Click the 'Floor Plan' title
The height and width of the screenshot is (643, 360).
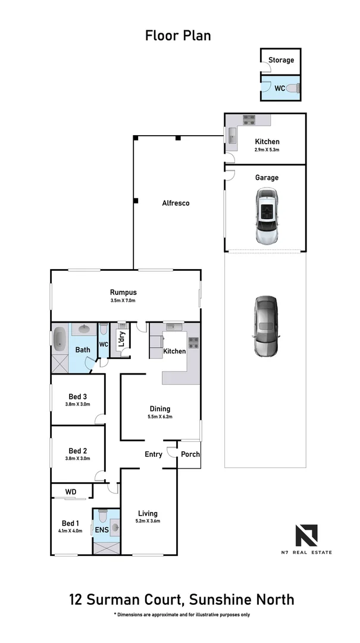point(178,36)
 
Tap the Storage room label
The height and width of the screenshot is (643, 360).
point(281,60)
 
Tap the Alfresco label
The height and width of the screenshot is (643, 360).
point(176,203)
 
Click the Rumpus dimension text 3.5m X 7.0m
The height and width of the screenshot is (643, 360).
point(123,301)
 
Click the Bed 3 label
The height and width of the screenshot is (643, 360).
point(78,397)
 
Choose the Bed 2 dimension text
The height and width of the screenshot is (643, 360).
point(78,458)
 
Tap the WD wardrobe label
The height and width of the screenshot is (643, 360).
point(71,492)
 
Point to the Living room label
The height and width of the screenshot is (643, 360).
point(148,513)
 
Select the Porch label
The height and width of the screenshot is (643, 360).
point(190,454)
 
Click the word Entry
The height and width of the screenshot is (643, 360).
point(154,454)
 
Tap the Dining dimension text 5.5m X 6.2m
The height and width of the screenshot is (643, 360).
point(159,417)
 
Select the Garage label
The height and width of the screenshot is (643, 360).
point(267,177)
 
